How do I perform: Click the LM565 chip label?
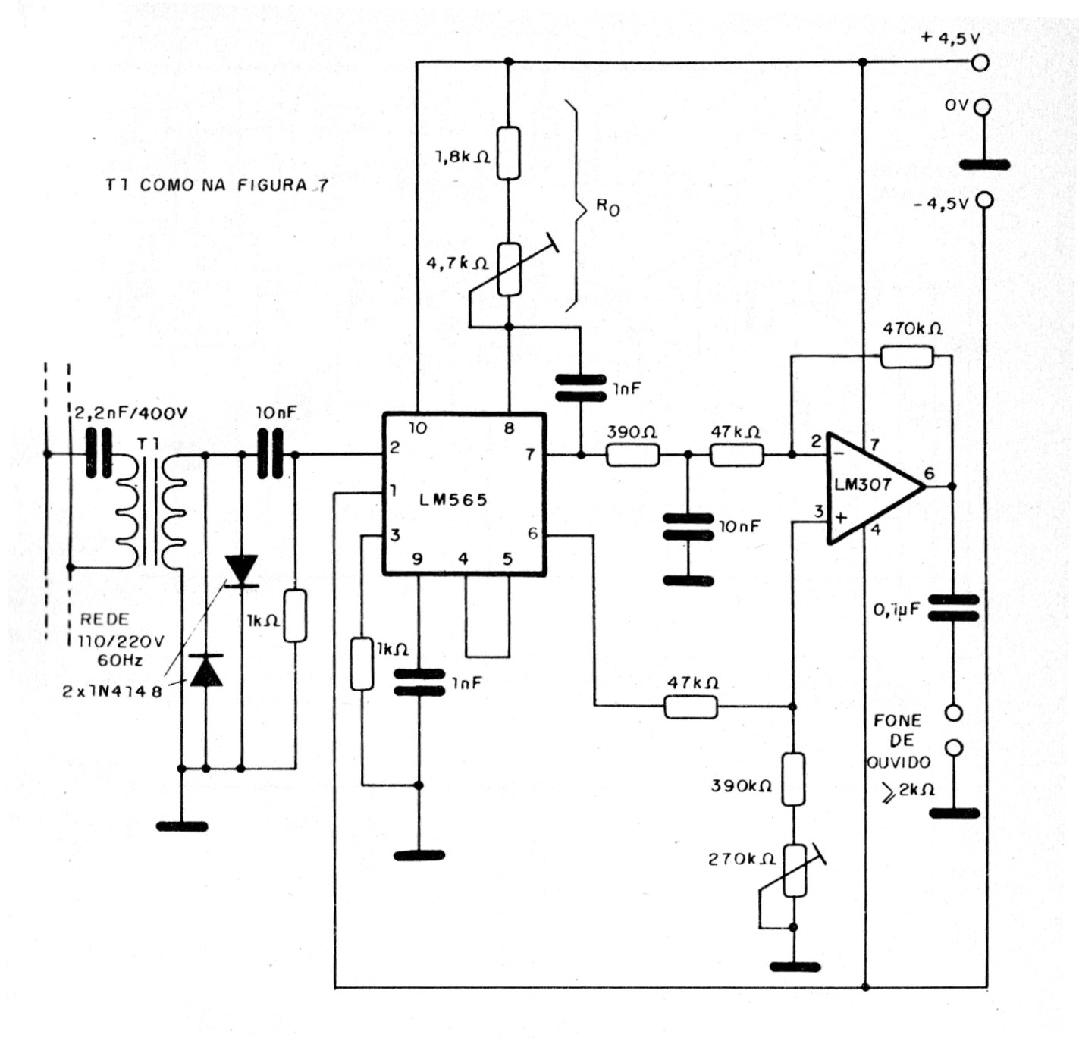coord(453,500)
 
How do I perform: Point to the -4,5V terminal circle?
coord(983,200)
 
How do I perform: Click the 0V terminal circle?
coord(983,108)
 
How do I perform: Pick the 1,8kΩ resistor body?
coord(509,153)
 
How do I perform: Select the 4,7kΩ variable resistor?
coord(509,269)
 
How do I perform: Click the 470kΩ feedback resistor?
coord(907,356)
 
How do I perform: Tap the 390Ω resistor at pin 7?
coord(632,455)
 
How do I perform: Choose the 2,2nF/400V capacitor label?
coord(130,413)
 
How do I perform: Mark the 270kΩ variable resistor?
coord(793,870)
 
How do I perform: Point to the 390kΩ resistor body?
coord(793,779)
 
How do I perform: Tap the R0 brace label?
coord(607,207)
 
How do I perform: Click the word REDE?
coord(104,619)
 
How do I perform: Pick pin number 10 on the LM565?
coord(418,428)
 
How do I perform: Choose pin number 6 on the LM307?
coord(929,474)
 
